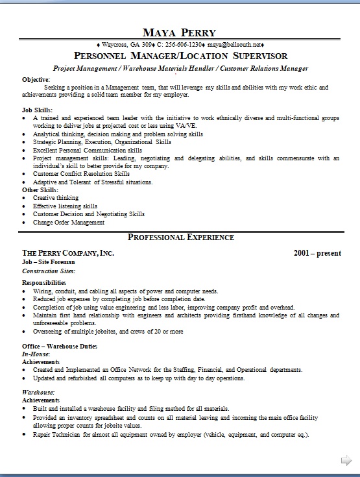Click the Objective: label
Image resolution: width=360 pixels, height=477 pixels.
[x=36, y=79]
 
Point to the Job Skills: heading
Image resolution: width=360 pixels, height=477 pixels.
[x=37, y=110]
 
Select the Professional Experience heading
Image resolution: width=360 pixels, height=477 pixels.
[x=180, y=238]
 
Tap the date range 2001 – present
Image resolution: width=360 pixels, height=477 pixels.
[x=322, y=253]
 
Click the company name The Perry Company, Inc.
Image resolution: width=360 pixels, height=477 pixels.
[x=68, y=253]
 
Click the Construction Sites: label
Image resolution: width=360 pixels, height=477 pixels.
[x=49, y=270]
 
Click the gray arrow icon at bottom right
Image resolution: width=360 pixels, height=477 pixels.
[x=346, y=461]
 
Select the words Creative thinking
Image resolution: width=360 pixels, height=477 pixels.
[x=56, y=197]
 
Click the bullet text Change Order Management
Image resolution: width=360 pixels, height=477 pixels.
[x=69, y=222]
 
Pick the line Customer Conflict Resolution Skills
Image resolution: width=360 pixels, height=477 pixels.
[x=81, y=174]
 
